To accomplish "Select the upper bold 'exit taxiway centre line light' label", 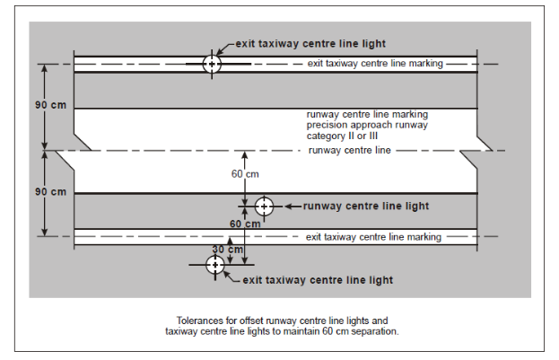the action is pyautogui.click(x=310, y=44).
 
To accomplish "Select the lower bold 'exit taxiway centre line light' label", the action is pyautogui.click(x=318, y=280).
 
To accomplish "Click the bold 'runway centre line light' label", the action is pyautogui.click(x=366, y=206).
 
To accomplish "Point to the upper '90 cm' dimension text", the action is pyautogui.click(x=50, y=105).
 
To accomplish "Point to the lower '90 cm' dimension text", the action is pyautogui.click(x=50, y=192).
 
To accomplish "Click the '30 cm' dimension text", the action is pyautogui.click(x=228, y=249).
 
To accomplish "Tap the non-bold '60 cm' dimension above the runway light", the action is pyautogui.click(x=245, y=174).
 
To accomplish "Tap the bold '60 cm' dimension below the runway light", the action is pyautogui.click(x=245, y=224).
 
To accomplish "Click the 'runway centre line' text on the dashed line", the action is pyautogui.click(x=350, y=150).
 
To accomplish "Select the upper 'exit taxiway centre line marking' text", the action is pyautogui.click(x=375, y=64).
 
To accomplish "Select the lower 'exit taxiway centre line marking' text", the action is pyautogui.click(x=373, y=237).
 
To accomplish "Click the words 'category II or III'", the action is pyautogui.click(x=342, y=136).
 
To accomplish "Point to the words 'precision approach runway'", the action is pyautogui.click(x=367, y=125).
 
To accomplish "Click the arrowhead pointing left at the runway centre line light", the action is pyautogui.click(x=289, y=206).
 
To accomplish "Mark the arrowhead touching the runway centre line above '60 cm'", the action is pyautogui.click(x=245, y=154).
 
